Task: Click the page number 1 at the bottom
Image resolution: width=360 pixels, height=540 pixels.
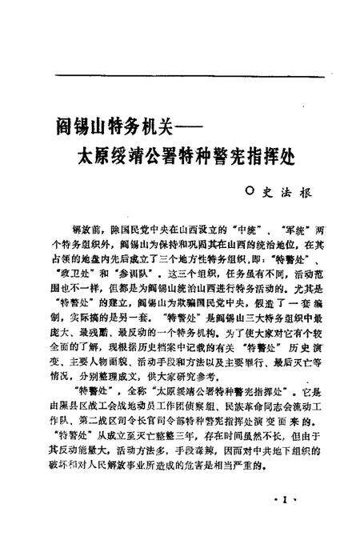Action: (x=286, y=498)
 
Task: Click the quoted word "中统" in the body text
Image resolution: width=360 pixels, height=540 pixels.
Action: (x=242, y=227)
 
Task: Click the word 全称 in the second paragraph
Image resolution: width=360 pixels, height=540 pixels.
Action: (x=134, y=392)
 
